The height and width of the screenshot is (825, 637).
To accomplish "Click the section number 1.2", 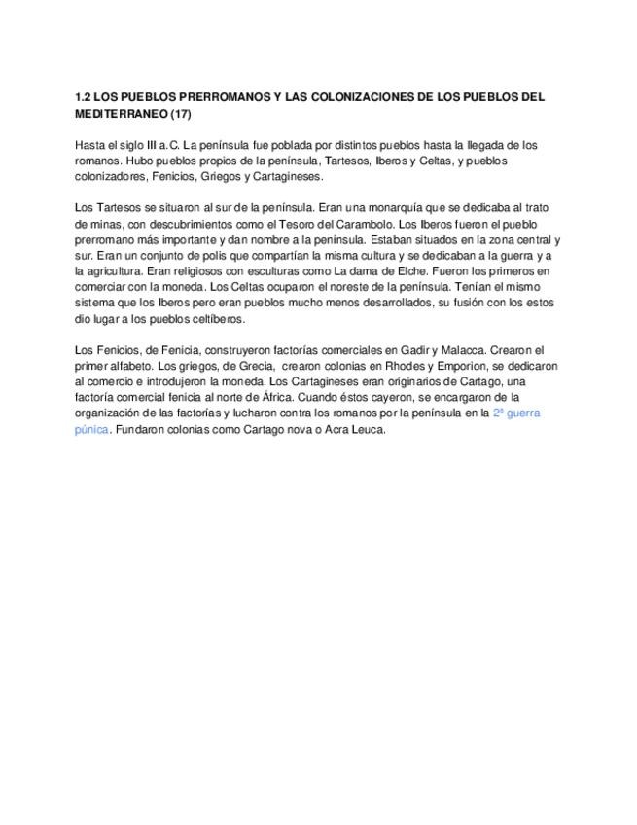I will [x=84, y=98].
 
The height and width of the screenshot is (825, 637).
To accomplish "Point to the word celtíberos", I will [x=217, y=318].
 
